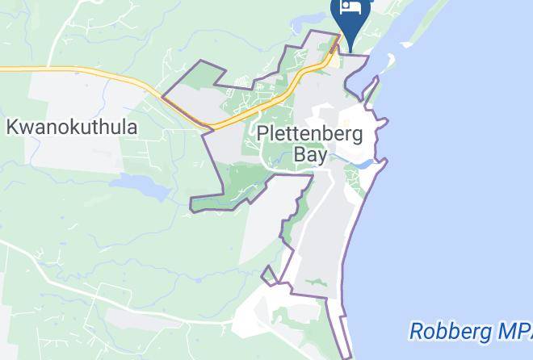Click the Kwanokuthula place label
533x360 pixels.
click(72, 127)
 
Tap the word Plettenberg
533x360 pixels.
click(309, 133)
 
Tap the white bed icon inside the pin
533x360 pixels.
click(350, 7)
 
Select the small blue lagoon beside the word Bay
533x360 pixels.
click(363, 164)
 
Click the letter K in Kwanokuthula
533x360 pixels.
click(12, 127)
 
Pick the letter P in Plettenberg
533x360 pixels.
click(262, 133)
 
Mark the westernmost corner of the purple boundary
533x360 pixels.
click(162, 97)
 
